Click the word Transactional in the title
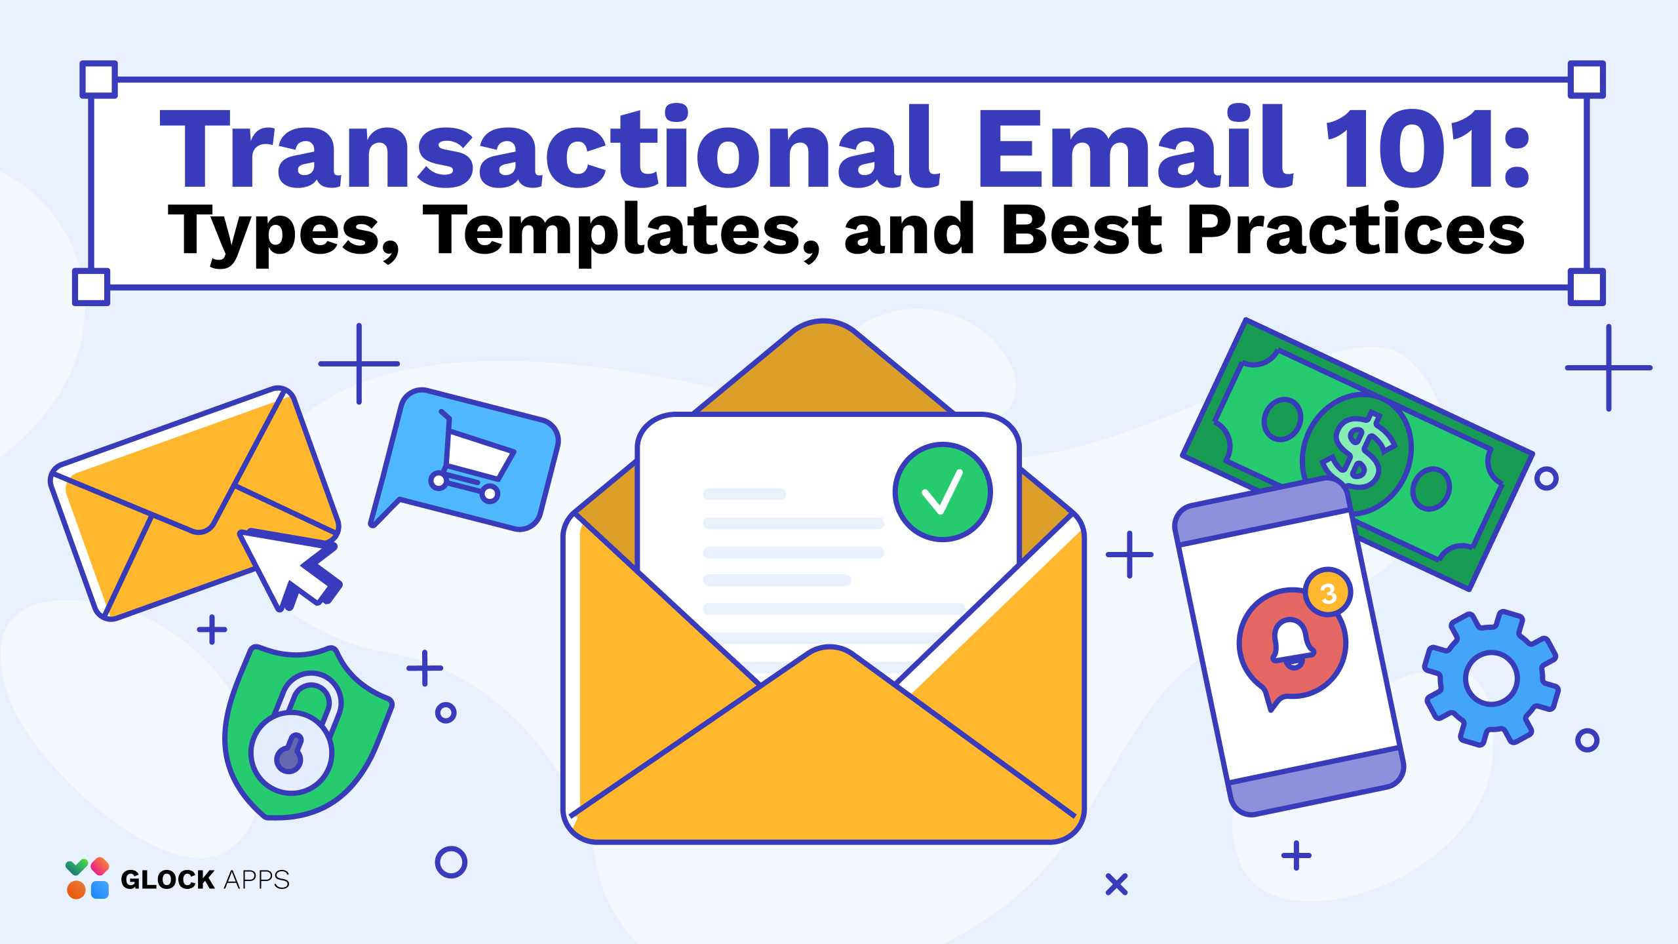(x=550, y=147)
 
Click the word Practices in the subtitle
(x=1356, y=229)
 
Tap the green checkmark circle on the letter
(x=943, y=492)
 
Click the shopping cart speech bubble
(x=465, y=459)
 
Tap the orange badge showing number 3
(x=1328, y=593)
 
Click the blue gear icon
(x=1491, y=678)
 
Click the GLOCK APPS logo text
(x=205, y=880)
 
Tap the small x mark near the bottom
(x=1116, y=884)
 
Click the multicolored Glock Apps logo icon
(x=87, y=878)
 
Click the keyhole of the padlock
(x=290, y=754)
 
